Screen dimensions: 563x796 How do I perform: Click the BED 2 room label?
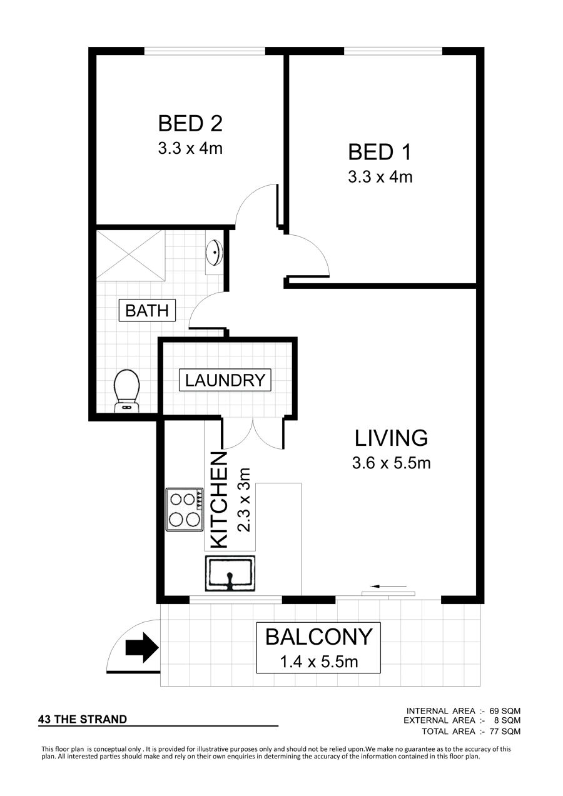point(190,123)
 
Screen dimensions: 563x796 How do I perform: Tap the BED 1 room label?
point(380,152)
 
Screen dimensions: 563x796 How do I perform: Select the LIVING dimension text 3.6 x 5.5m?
point(392,463)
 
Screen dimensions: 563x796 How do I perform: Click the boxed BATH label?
point(147,311)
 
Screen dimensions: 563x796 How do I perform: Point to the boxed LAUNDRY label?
point(225,380)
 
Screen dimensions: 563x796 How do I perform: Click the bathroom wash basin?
point(215,252)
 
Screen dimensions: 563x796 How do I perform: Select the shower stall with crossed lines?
point(131,254)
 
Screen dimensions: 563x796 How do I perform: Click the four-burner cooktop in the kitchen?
point(184,509)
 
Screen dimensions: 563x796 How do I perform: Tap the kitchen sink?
point(230,573)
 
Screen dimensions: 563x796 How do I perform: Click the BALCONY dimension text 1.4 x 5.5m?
point(319,662)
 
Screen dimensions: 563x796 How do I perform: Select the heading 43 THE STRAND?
point(83,719)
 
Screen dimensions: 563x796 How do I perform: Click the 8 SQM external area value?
point(507,720)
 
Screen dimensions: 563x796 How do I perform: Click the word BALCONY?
point(319,637)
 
